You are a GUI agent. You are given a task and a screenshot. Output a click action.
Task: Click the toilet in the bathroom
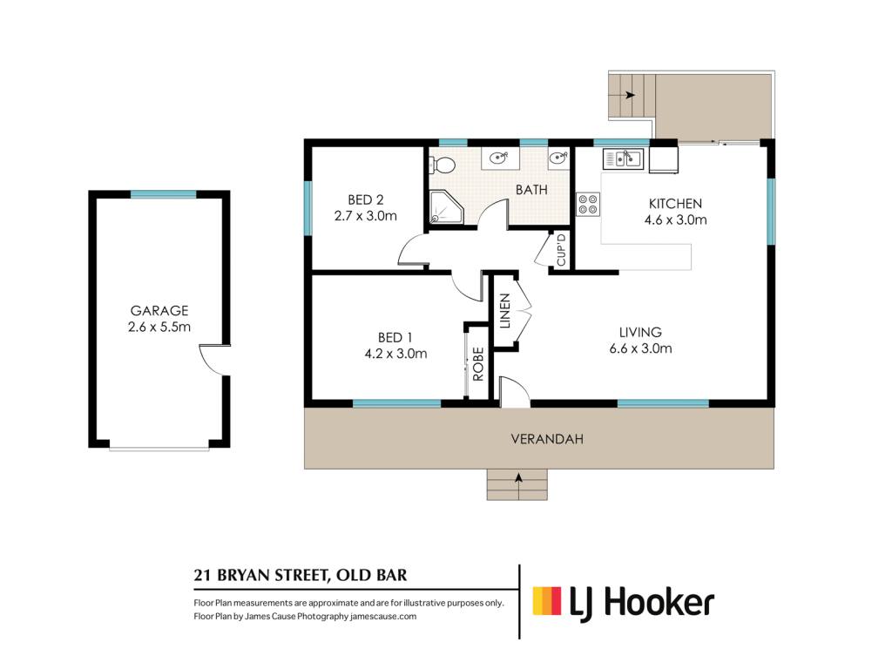(443, 165)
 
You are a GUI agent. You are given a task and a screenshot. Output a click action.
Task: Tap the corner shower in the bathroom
(446, 207)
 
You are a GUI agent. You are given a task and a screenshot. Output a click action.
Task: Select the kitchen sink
(623, 159)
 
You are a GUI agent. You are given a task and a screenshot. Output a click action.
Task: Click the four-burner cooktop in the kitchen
(588, 204)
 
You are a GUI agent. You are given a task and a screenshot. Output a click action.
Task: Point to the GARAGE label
(159, 311)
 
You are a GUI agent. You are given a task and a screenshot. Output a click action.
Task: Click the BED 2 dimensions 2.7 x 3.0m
(365, 216)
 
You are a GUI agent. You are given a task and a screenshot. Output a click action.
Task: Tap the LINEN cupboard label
(504, 311)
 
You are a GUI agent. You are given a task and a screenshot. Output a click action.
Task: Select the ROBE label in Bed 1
(478, 364)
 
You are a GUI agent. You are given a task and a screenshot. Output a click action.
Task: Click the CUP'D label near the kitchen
(561, 250)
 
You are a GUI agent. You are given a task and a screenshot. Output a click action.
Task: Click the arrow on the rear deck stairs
(629, 95)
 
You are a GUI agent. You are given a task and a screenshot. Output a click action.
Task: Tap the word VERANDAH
(547, 439)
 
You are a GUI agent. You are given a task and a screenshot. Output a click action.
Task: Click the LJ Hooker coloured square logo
(547, 601)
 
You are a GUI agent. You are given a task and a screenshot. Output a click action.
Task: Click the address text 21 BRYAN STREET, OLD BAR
(301, 575)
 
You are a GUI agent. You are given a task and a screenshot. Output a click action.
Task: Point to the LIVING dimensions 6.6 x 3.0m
(640, 348)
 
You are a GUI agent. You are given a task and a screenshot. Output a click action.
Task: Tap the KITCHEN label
(675, 204)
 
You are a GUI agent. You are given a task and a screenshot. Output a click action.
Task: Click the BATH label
(531, 190)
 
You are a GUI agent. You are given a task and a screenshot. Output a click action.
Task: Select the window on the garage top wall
(163, 194)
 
